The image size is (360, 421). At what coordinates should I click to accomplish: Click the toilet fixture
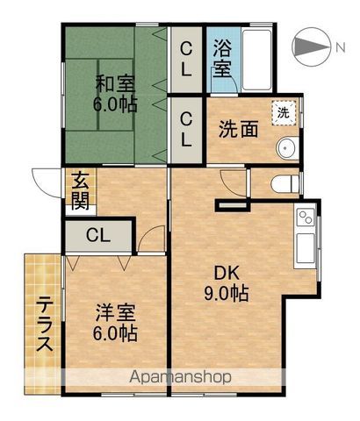tap(284, 184)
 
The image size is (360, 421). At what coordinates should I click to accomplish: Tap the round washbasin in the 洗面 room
tap(285, 147)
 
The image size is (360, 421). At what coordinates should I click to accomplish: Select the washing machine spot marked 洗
tap(284, 113)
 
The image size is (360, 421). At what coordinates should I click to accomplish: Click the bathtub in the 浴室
tap(257, 60)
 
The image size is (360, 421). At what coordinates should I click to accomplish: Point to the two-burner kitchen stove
tap(305, 218)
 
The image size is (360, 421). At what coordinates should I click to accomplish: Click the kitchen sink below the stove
tap(306, 248)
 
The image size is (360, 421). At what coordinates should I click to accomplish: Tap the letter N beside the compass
tap(341, 47)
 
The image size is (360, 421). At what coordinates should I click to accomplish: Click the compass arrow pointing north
tap(310, 46)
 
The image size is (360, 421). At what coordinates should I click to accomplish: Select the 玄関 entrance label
tap(80, 190)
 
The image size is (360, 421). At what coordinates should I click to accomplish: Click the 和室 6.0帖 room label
tap(115, 94)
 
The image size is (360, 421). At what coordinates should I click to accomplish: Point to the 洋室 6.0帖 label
tap(115, 323)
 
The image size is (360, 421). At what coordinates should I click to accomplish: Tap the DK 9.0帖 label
tap(227, 283)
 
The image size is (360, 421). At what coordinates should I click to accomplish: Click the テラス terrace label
tap(45, 324)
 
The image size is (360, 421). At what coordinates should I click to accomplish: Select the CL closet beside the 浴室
tap(186, 60)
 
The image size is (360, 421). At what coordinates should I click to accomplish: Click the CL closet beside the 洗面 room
tap(186, 130)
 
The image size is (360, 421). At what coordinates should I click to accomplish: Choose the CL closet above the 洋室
tap(98, 236)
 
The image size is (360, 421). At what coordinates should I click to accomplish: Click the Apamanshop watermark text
tap(180, 377)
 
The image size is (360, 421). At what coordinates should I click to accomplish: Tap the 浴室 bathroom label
tap(222, 58)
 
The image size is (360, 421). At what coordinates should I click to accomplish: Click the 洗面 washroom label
tap(239, 129)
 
